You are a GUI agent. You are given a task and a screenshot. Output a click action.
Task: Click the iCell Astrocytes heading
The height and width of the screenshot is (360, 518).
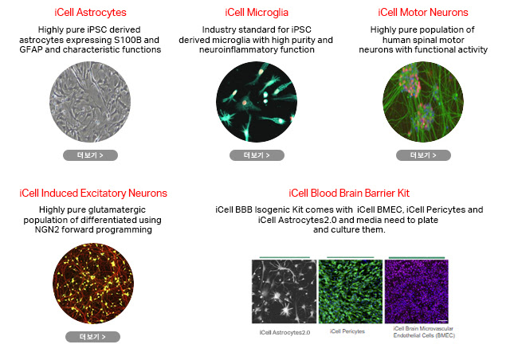point(90,13)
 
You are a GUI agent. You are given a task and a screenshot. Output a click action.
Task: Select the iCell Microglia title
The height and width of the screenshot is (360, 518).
point(257,13)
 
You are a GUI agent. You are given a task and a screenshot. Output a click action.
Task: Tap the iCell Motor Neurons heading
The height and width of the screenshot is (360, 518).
point(423,13)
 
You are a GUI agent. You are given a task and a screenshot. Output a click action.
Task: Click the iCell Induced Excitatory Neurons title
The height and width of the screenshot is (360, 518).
point(93,194)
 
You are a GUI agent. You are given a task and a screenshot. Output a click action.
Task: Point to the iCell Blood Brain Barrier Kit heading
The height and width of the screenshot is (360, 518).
point(349,194)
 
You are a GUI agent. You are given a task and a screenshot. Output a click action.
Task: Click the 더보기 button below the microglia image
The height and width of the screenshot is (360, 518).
point(257,155)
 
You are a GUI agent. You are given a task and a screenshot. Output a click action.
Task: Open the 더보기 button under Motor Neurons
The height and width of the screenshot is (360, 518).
point(423,155)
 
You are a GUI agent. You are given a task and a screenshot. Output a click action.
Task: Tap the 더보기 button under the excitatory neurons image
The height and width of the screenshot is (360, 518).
point(92,337)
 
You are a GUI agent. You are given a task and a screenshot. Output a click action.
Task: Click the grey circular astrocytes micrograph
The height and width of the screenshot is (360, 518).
point(90,102)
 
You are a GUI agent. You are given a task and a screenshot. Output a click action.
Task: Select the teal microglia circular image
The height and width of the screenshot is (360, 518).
point(257,102)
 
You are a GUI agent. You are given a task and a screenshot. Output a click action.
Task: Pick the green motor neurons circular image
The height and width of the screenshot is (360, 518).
point(423,102)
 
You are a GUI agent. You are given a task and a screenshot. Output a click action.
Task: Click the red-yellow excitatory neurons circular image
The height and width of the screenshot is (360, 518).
point(93,284)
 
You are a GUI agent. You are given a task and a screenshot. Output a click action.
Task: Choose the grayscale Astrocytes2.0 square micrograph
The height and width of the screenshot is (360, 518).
point(285,292)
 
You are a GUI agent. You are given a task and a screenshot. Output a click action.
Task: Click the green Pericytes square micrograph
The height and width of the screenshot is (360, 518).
point(351,292)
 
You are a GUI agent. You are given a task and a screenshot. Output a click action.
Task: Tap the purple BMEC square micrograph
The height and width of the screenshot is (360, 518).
point(417,292)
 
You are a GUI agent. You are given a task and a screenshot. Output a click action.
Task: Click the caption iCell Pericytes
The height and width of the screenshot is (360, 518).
point(347,331)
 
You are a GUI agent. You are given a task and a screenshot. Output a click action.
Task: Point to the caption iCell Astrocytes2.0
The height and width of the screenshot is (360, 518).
point(285,333)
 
